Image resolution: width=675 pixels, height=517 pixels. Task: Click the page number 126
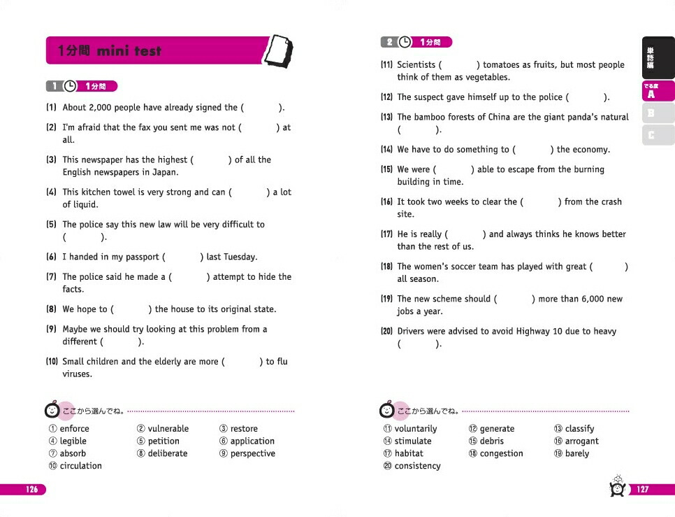tap(32, 490)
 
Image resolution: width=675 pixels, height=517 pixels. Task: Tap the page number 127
tap(643, 490)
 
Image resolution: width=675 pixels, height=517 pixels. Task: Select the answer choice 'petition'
tap(164, 441)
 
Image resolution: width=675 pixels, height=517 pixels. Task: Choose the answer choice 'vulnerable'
tap(168, 429)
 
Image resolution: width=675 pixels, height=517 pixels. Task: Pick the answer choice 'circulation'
tap(80, 466)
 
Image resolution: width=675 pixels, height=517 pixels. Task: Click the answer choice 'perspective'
tap(252, 454)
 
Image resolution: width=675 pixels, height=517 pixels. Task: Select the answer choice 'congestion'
tap(501, 454)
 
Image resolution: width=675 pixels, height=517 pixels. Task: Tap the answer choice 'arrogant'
tap(581, 441)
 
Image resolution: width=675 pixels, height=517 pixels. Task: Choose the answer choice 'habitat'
tap(409, 454)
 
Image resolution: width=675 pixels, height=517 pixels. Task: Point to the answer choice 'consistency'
tap(417, 467)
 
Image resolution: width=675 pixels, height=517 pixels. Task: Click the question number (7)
tap(51, 277)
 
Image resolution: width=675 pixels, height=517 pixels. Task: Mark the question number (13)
tap(386, 118)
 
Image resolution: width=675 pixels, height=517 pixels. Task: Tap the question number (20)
tap(386, 332)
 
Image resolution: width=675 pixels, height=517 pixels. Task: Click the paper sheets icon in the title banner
tap(280, 51)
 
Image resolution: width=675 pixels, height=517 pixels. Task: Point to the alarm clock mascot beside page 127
tap(617, 487)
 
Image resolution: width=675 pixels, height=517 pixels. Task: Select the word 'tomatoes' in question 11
tap(501, 65)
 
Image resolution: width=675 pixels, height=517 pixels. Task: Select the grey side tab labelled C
tap(651, 134)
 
